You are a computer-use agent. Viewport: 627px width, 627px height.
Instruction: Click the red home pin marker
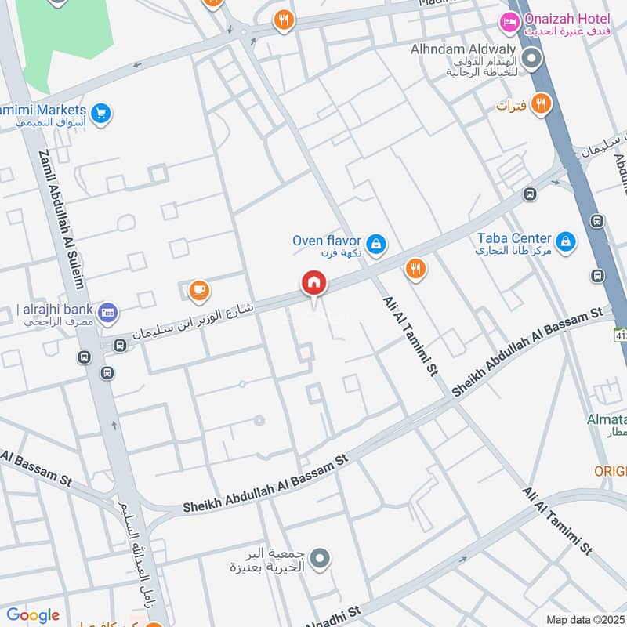click(314, 283)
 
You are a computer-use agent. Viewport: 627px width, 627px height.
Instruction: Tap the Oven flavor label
click(326, 241)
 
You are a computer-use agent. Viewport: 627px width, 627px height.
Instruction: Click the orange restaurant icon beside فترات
click(540, 103)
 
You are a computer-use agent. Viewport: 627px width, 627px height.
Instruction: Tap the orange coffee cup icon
click(199, 291)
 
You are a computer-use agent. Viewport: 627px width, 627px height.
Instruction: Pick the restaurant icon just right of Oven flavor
click(415, 270)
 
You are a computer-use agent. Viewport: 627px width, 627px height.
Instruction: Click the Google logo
click(33, 615)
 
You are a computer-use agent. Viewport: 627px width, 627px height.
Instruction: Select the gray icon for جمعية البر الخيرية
click(319, 559)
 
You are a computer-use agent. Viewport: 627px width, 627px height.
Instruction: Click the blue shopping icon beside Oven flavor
click(377, 245)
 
